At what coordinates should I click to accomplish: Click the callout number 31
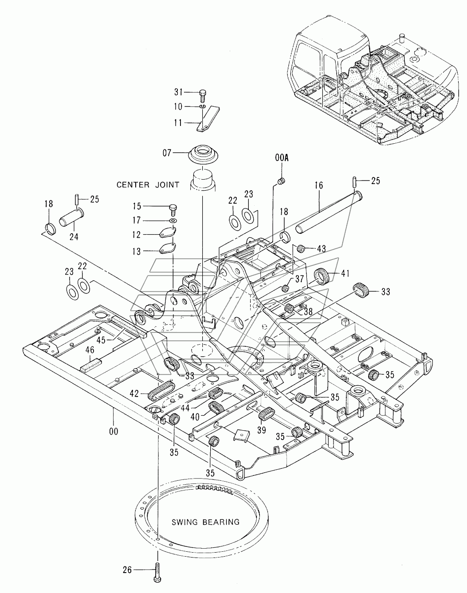click(x=179, y=92)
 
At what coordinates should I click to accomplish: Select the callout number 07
click(x=167, y=153)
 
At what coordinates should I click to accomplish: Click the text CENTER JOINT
click(x=148, y=185)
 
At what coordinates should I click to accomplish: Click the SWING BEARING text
click(x=205, y=522)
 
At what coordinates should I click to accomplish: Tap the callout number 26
click(x=127, y=570)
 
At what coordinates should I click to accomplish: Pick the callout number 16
click(x=319, y=185)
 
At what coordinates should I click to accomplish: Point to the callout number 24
click(x=74, y=237)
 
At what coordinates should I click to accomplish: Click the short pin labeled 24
click(x=72, y=218)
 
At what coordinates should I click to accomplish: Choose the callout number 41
click(x=345, y=273)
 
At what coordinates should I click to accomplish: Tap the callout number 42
click(x=134, y=393)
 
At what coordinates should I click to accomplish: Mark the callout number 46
click(x=90, y=350)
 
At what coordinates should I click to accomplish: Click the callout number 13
click(x=137, y=251)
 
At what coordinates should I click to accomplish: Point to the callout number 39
click(x=262, y=430)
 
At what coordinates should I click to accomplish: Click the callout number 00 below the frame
click(x=114, y=431)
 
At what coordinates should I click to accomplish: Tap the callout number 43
click(x=321, y=249)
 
